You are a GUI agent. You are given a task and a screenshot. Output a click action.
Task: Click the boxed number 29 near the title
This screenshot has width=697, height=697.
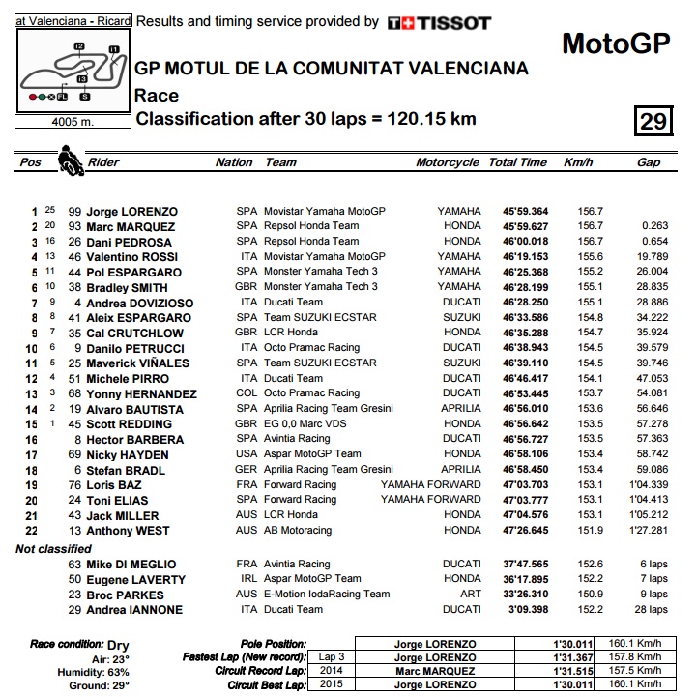652,121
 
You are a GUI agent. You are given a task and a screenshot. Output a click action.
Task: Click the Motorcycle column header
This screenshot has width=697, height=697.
448,162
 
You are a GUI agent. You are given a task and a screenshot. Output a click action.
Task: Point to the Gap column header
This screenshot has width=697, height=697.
649,162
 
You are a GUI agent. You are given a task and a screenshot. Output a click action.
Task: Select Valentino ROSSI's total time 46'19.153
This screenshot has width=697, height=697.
518,257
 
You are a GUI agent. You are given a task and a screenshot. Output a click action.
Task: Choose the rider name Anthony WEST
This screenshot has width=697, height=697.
128,531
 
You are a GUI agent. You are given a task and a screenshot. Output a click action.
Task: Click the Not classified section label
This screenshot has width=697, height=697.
54,548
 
